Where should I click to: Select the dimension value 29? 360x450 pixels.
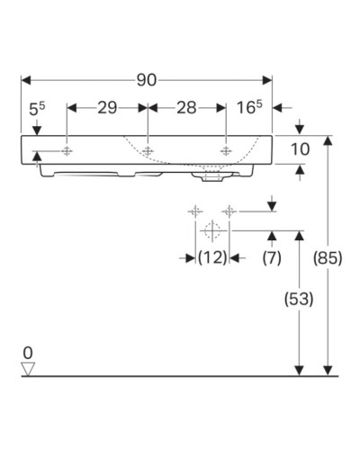tap(107, 108)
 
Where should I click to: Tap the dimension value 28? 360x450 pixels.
tap(186, 108)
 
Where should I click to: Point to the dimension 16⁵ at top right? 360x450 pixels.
tap(249, 108)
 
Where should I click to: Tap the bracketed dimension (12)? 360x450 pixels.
tap(211, 257)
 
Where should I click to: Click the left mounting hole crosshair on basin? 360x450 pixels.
tap(67, 150)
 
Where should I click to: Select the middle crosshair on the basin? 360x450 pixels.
tap(147, 150)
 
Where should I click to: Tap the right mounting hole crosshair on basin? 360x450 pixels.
tap(225, 150)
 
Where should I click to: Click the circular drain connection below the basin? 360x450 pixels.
tap(211, 229)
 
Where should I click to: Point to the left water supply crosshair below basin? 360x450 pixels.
tap(193, 211)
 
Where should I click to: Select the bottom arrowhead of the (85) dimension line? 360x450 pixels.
tap(330, 369)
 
